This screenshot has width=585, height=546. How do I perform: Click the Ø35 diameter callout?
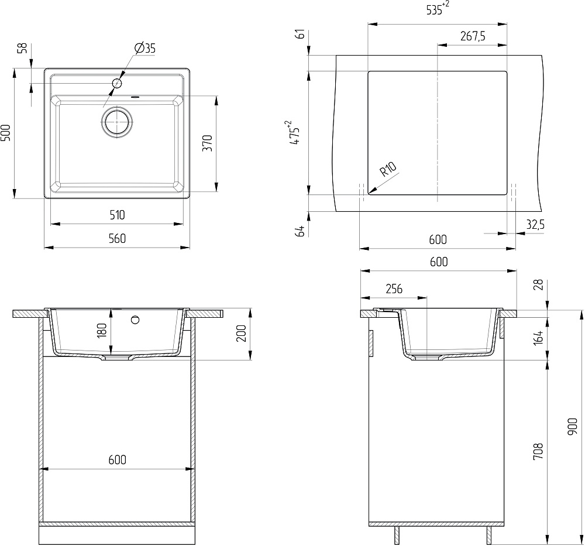coord(145,48)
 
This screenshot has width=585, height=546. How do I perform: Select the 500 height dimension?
coord(6,133)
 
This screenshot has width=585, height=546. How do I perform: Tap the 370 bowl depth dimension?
coord(208,143)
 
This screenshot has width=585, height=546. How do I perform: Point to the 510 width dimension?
coord(117,215)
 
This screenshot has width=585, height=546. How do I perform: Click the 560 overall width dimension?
coord(117,238)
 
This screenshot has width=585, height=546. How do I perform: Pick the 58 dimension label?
coord(23,48)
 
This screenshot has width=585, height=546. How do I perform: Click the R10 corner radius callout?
coord(388,170)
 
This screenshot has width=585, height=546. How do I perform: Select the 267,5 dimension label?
coord(473,36)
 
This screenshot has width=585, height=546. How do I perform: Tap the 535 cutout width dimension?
coord(438,9)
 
